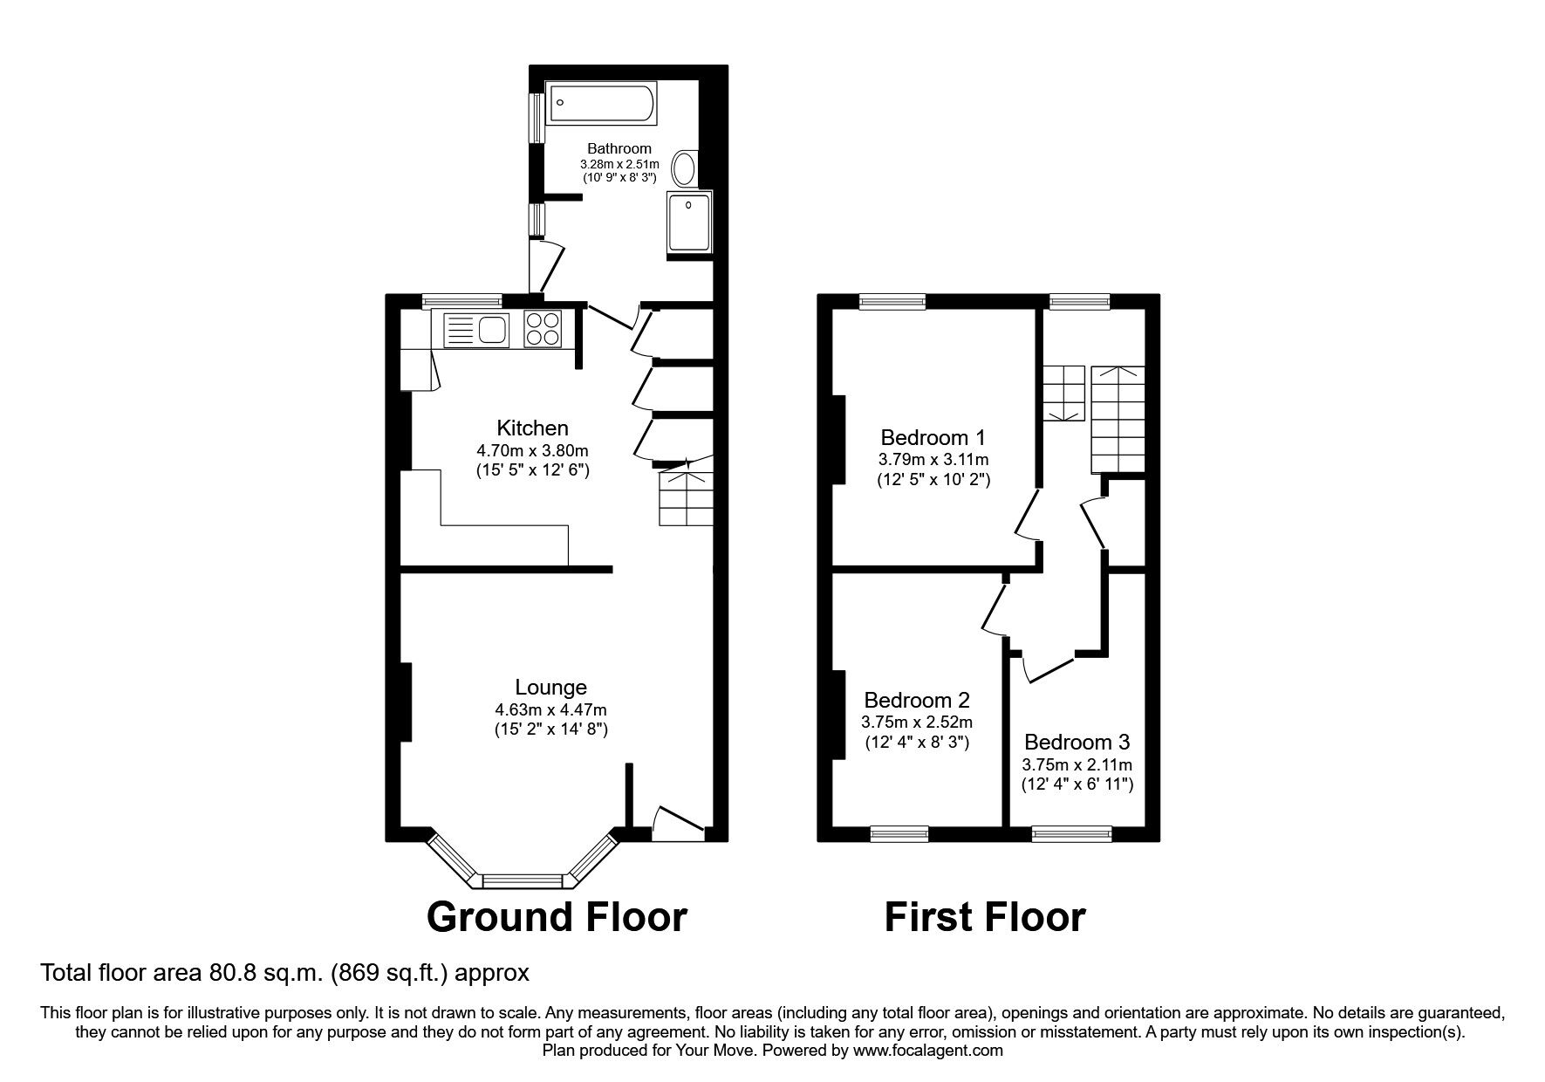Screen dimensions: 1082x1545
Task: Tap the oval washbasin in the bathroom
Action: (x=687, y=169)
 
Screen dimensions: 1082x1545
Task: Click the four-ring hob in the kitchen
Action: (x=543, y=330)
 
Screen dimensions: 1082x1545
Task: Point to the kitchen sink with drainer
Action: (x=476, y=330)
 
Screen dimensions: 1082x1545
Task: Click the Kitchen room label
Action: (x=532, y=428)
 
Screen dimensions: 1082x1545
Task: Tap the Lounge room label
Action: (x=550, y=688)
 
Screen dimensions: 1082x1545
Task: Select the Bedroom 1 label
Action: (x=933, y=437)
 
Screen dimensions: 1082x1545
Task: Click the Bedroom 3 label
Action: (x=1077, y=742)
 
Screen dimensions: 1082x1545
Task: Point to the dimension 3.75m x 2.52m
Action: (x=916, y=722)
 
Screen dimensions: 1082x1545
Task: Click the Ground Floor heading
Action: (x=557, y=917)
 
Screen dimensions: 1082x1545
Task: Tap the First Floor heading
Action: (x=985, y=917)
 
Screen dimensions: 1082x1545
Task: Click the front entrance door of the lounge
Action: (x=678, y=825)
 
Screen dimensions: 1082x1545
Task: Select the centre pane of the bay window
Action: (x=523, y=880)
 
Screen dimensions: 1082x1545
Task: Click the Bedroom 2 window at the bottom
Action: (x=899, y=835)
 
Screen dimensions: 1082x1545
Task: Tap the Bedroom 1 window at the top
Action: (x=892, y=301)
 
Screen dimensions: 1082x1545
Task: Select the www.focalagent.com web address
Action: (x=928, y=1051)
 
